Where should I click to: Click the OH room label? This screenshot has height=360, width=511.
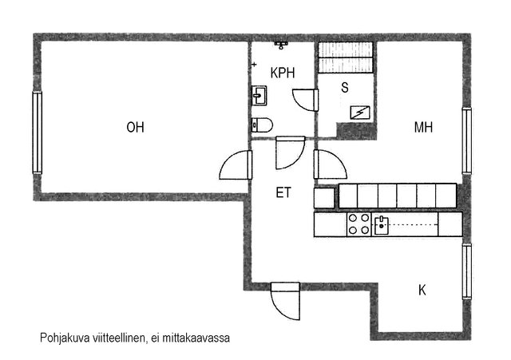[135, 127]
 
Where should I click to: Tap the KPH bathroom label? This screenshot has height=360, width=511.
[283, 73]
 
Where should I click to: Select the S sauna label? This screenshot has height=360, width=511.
[345, 87]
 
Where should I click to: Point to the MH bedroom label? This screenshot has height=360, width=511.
[423, 127]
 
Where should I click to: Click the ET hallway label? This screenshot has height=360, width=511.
[283, 192]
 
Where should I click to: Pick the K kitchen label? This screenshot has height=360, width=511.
[422, 290]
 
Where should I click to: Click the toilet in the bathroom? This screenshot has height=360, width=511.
[262, 125]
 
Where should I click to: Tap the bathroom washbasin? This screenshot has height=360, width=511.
[259, 96]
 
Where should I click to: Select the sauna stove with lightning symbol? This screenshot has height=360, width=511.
[360, 113]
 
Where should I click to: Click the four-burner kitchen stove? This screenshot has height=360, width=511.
[358, 224]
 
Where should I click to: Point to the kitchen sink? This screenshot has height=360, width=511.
[382, 225]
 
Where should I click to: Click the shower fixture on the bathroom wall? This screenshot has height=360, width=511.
[281, 45]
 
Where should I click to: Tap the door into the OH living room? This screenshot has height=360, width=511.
[236, 165]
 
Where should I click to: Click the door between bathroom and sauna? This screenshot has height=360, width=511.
[305, 100]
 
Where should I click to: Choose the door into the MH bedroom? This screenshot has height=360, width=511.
[330, 164]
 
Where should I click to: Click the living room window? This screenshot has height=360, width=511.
[38, 133]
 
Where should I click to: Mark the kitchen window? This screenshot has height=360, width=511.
[467, 271]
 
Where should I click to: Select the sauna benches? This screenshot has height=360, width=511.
[345, 57]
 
